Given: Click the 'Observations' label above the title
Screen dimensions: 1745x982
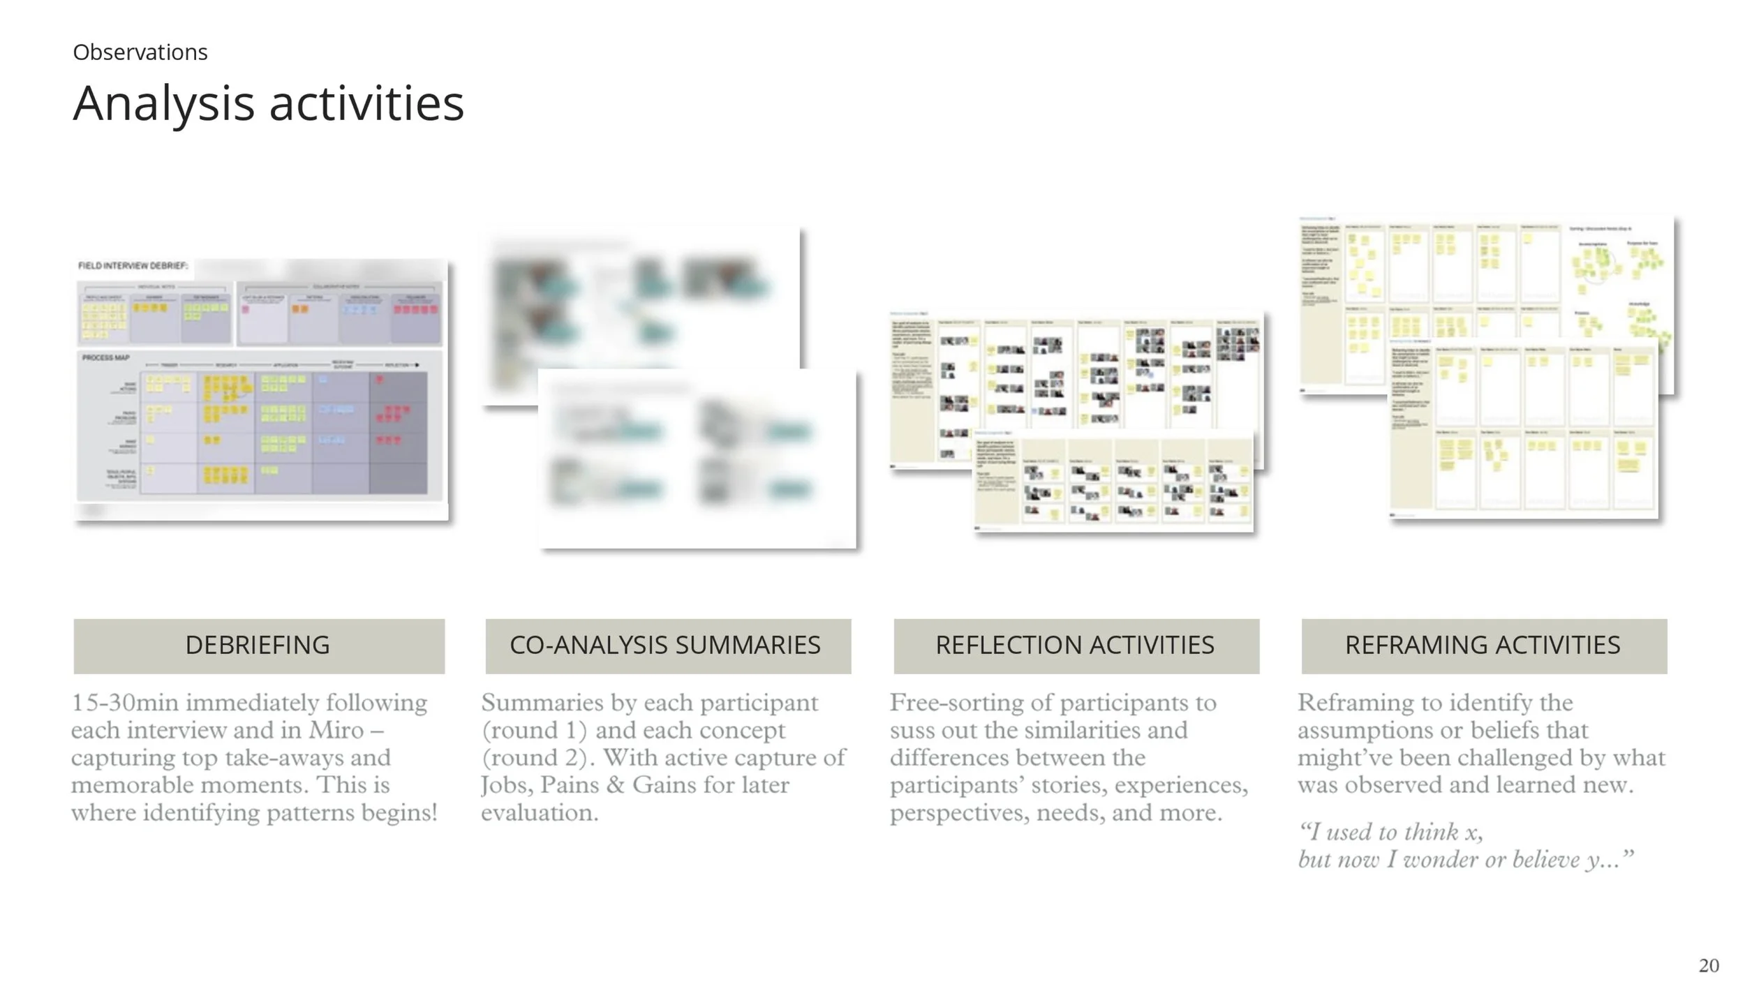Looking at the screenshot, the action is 140,52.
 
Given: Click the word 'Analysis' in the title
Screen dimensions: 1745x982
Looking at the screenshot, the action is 163,103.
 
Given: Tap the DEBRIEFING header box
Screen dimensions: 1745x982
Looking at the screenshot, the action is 259,646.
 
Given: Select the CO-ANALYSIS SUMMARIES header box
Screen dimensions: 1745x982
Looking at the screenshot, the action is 668,646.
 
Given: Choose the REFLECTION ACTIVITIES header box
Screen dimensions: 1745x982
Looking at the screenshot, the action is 1076,646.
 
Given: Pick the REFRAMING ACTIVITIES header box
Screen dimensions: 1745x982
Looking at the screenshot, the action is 1484,646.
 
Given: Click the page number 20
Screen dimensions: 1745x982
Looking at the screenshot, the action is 1709,965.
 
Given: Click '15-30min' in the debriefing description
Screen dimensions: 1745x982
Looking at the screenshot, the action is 124,703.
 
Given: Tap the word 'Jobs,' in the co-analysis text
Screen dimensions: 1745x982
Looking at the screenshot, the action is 506,785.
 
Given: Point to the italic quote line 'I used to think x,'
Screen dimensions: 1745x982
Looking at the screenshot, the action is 1390,832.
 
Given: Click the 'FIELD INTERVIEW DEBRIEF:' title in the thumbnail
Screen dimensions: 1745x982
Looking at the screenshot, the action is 133,266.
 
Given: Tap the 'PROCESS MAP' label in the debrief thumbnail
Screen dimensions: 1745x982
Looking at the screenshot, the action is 105,358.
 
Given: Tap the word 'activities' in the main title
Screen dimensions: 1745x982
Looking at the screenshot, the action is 366,103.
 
